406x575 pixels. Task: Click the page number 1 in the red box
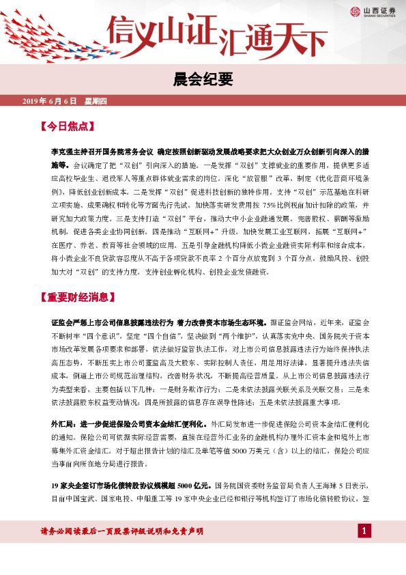click(x=364, y=531)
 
